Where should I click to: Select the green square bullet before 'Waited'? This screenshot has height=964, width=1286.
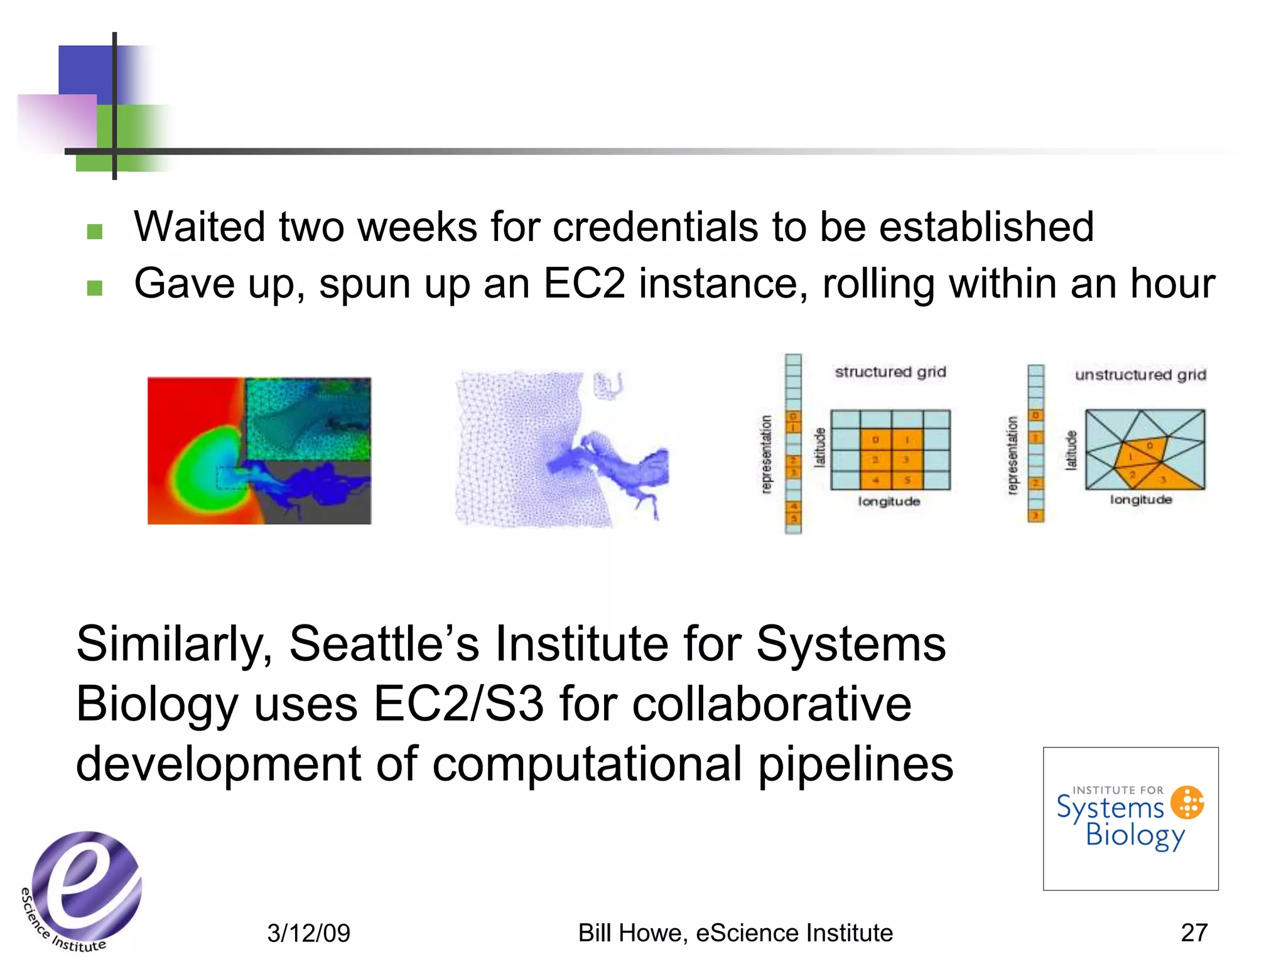[95, 232]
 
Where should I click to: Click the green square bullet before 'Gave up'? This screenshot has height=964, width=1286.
[95, 288]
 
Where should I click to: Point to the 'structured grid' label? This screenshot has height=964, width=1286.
[890, 372]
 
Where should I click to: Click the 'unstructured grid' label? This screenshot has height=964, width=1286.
[1140, 375]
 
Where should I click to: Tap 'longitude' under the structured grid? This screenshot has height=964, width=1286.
[889, 501]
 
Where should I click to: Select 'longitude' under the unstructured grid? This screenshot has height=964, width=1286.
[1140, 500]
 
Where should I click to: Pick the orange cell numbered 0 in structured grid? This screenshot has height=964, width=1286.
[875, 440]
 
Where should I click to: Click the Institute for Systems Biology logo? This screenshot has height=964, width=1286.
[1130, 818]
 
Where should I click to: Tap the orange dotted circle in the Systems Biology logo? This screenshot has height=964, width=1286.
[1187, 802]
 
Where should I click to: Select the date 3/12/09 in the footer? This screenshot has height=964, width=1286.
[308, 933]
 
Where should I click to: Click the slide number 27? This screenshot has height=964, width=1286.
[1194, 933]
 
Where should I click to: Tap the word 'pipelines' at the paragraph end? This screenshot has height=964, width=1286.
[855, 764]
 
